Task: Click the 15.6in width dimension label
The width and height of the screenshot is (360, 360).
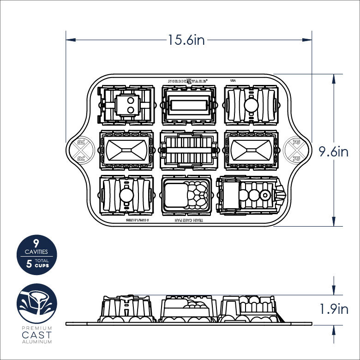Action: point(186,40)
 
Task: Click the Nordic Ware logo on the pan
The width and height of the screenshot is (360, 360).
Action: point(187,79)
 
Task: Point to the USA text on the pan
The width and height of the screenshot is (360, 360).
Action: point(233,80)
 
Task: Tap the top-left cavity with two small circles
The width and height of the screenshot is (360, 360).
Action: point(126,106)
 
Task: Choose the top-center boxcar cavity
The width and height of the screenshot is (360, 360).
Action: point(187,106)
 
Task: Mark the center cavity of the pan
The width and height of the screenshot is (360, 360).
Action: point(187,150)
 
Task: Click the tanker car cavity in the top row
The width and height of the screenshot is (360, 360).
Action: point(252,106)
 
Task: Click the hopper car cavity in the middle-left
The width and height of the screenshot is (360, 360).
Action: point(126,150)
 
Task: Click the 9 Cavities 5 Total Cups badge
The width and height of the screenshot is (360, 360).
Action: point(36,255)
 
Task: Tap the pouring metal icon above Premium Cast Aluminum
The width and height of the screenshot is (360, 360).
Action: point(36,304)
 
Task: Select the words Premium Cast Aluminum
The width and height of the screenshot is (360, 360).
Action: point(36,335)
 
